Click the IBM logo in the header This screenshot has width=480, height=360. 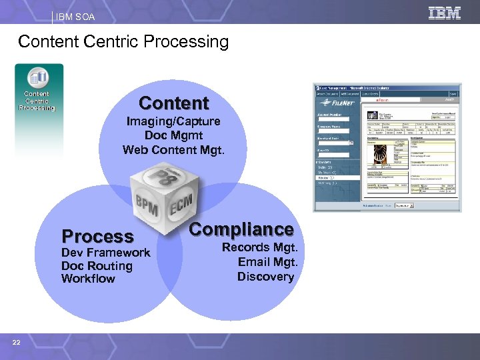445,13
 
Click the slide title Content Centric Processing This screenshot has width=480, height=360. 123,42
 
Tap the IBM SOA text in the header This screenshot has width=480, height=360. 77,16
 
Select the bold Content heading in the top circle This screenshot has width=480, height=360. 174,103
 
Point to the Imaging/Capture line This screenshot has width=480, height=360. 174,122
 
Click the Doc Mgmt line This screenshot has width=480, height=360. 174,135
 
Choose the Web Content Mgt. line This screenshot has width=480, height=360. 174,149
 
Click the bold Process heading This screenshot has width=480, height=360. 97,236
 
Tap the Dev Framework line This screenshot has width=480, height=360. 106,253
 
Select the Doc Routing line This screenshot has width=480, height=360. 97,266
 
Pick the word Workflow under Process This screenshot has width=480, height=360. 88,279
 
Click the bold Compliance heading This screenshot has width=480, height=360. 241,229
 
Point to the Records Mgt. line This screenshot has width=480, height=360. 259,247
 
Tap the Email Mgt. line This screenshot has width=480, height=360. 267,261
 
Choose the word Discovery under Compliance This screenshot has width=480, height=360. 265,276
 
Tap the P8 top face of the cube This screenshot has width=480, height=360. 162,175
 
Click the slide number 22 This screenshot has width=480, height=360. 16,343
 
